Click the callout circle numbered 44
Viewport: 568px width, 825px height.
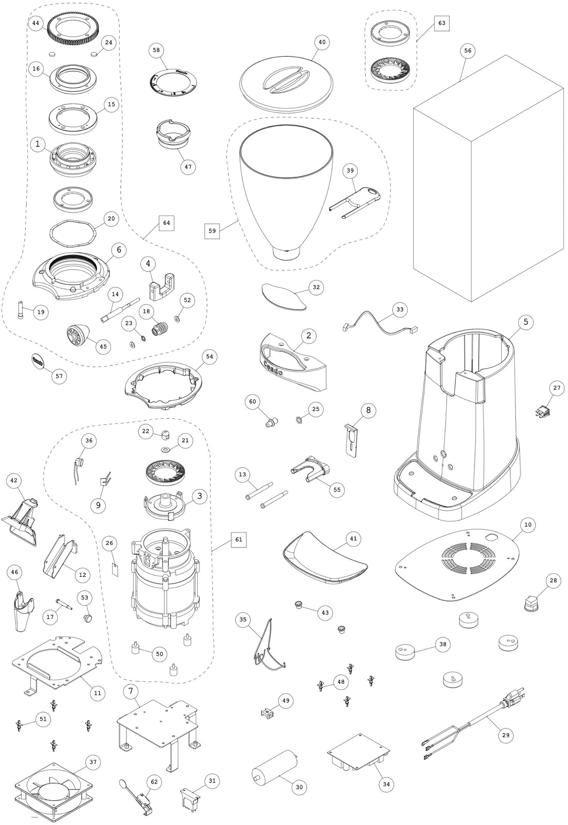tap(35, 24)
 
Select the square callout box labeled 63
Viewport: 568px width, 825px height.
tap(441, 23)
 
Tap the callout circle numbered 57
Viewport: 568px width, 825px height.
tap(59, 376)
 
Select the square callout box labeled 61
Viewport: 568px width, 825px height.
tap(238, 540)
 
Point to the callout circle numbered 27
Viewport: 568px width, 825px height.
tap(557, 388)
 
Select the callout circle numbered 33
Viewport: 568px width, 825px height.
tap(400, 310)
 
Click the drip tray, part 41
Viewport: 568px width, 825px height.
tap(324, 558)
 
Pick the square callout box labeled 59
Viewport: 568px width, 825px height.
tap(212, 231)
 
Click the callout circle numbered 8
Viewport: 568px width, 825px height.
tap(368, 410)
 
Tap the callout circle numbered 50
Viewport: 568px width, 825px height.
tap(159, 654)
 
